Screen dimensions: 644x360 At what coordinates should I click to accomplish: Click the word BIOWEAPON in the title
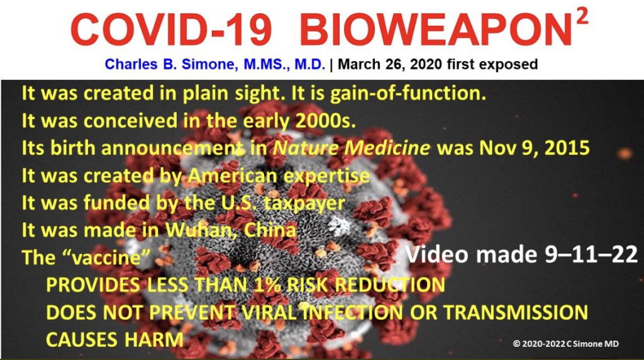(x=436, y=30)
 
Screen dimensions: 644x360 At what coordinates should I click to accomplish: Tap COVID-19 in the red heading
(x=171, y=30)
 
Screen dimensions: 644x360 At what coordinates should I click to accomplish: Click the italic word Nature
(x=306, y=148)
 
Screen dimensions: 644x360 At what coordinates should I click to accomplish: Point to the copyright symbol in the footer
(x=516, y=344)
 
